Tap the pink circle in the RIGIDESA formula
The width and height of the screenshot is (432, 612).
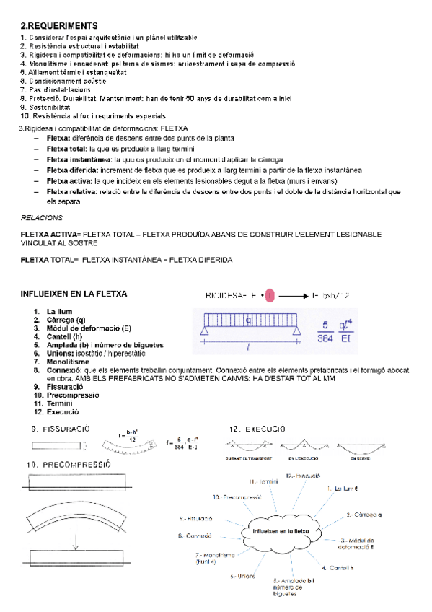tap(268, 296)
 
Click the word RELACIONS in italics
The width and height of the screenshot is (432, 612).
tap(42, 217)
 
